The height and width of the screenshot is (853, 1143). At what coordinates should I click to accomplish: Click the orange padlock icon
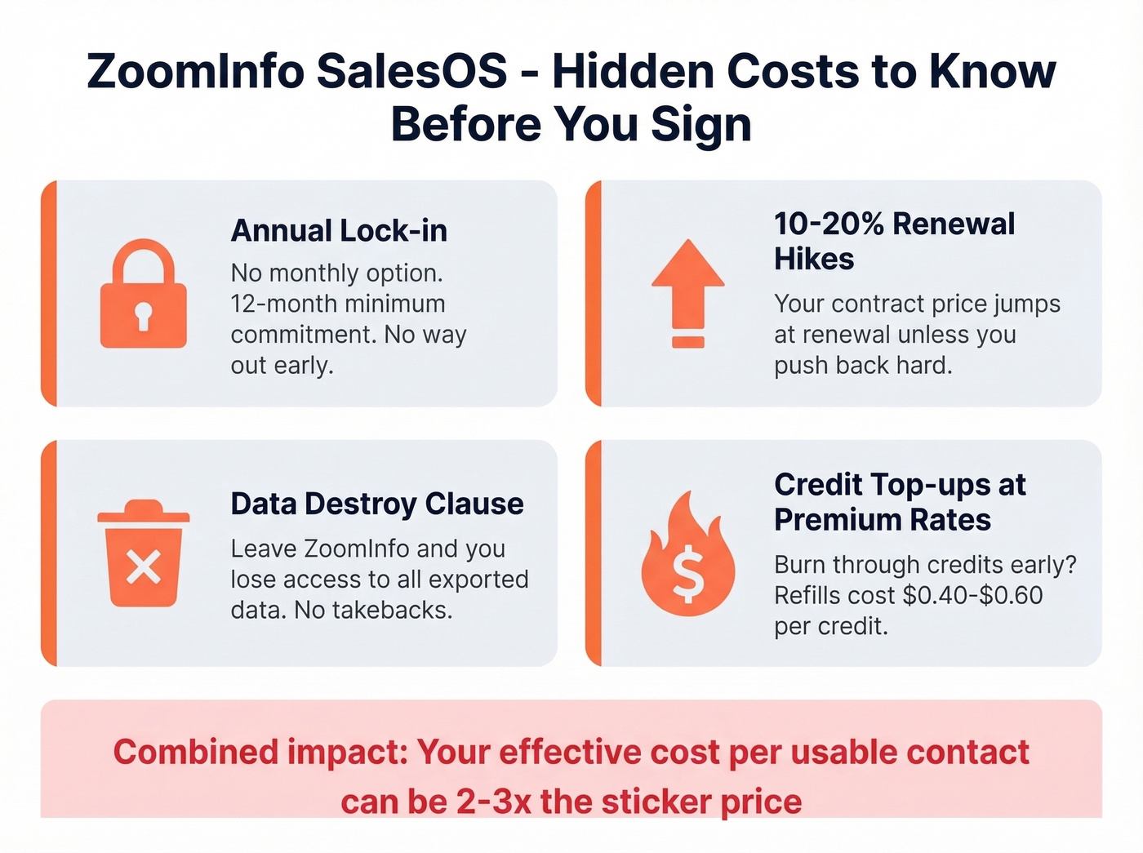tap(143, 295)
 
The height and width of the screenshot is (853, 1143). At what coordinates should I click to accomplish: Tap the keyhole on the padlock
tap(143, 316)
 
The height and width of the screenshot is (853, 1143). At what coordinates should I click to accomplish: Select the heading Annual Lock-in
tap(339, 231)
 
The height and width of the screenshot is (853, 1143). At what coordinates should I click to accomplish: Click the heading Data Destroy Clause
tap(377, 504)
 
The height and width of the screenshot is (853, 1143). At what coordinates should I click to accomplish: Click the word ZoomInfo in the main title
tap(194, 71)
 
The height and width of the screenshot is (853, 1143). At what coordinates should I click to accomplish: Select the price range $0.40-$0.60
tap(972, 596)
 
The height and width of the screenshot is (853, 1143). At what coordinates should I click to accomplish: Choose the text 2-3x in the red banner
tap(493, 802)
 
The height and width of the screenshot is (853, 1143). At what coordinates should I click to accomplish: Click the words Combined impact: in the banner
tap(260, 752)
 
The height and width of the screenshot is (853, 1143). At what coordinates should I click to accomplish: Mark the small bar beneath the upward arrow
tap(687, 342)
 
